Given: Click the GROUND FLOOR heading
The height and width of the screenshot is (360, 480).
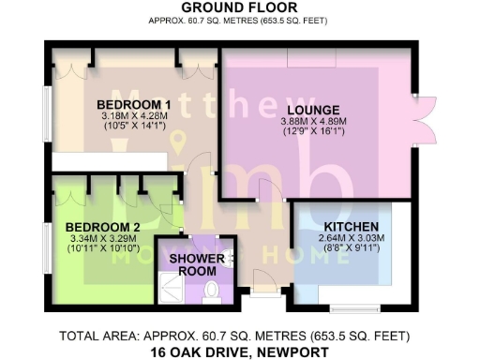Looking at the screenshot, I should (x=239, y=8).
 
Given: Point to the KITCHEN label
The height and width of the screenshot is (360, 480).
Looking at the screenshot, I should (x=352, y=228).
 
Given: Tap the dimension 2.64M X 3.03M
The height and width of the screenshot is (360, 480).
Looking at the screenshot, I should (x=352, y=240).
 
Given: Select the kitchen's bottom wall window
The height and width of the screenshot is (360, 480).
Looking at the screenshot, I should (x=354, y=307).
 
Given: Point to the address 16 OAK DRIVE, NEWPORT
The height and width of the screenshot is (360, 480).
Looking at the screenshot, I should (x=239, y=352).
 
